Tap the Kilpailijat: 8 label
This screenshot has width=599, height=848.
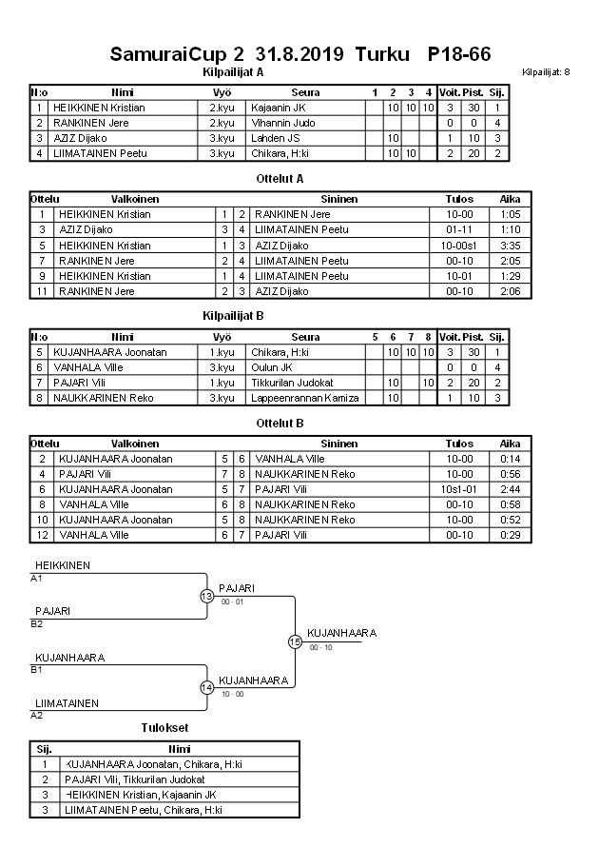click(546, 72)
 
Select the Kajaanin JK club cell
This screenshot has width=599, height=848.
click(278, 108)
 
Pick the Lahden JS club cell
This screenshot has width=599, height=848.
click(275, 139)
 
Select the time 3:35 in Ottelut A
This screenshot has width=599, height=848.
click(510, 246)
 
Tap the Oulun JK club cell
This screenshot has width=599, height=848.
click(273, 367)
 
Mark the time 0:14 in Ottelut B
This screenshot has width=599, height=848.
click(510, 459)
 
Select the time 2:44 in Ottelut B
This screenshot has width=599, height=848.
click(510, 489)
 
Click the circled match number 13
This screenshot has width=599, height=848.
click(206, 596)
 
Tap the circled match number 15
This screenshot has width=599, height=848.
click(295, 641)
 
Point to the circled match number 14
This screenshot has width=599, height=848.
click(206, 687)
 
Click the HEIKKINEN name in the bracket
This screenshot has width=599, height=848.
click(63, 566)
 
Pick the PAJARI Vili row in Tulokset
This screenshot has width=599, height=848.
click(134, 779)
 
